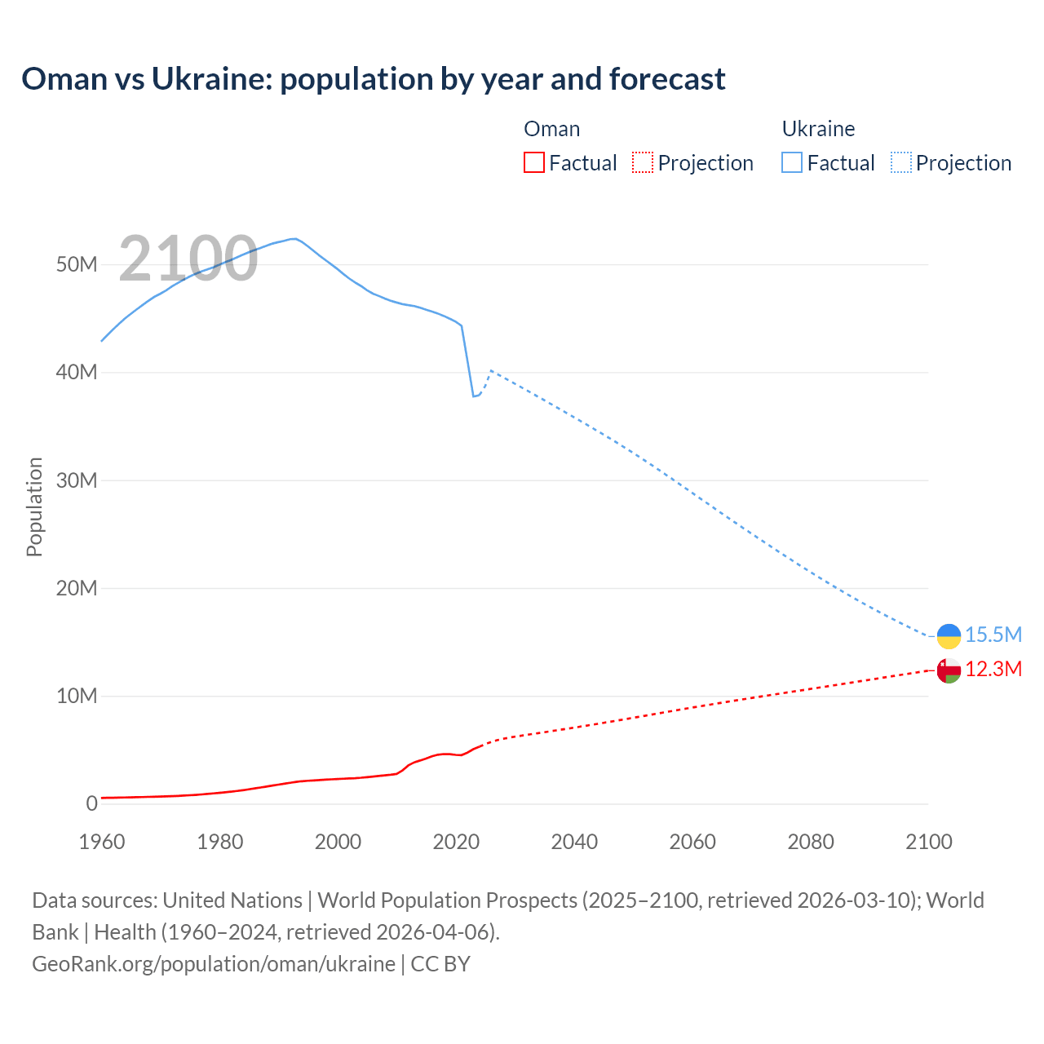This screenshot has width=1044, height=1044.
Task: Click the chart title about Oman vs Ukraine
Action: click(373, 79)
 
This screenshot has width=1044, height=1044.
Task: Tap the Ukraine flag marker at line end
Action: click(949, 635)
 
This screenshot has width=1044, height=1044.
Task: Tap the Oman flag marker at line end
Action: click(949, 670)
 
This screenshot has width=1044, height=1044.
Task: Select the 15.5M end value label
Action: click(993, 635)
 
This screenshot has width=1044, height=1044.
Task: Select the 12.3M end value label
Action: click(993, 670)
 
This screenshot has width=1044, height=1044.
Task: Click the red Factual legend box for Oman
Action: click(533, 163)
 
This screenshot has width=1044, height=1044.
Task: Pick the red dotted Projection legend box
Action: click(643, 163)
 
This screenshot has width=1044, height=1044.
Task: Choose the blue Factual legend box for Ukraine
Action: click(792, 163)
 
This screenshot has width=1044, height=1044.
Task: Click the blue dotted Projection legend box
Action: click(901, 163)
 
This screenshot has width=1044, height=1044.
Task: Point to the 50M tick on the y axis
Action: click(77, 265)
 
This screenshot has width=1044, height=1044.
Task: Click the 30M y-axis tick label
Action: click(77, 480)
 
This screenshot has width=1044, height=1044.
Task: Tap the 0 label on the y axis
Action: click(91, 803)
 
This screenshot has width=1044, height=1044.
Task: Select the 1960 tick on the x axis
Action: click(102, 842)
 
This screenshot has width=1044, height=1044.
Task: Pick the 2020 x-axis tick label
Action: click(456, 842)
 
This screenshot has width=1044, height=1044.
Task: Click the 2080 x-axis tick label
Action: click(811, 842)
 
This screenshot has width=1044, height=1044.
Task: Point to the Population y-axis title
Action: click(34, 507)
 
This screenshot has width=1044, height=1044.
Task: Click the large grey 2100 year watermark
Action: click(188, 259)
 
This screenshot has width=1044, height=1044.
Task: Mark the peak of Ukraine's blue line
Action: click(294, 239)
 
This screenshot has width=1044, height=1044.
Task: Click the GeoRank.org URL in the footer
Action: click(214, 964)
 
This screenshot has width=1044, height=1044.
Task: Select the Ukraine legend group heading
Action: click(818, 129)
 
